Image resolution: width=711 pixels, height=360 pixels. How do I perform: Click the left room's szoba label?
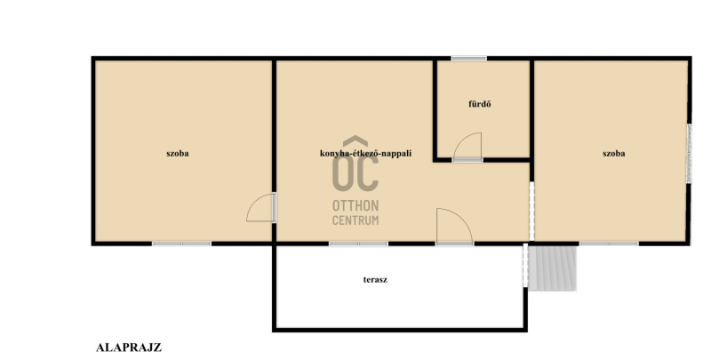point(177,154)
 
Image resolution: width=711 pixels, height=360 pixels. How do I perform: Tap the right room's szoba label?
point(613,154)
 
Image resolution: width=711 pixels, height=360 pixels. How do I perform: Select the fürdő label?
point(480,104)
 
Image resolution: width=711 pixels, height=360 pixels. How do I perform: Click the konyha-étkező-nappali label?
point(365,153)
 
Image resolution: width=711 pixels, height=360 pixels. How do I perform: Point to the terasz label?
point(375,280)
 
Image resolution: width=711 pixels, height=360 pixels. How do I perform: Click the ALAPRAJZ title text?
point(129,348)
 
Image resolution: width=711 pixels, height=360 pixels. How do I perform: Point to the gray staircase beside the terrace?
point(553,268)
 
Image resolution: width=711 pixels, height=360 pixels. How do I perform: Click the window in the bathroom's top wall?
point(468,58)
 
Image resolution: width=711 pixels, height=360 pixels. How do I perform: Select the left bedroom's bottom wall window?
point(181,244)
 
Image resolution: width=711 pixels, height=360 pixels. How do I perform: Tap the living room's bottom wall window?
point(358,244)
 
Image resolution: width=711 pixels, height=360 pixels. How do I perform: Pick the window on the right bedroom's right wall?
point(689,154)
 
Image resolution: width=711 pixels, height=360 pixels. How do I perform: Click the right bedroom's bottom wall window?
point(609,244)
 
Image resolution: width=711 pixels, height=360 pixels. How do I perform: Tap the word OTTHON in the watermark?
point(355,206)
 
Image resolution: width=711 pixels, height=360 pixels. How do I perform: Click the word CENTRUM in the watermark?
point(355,220)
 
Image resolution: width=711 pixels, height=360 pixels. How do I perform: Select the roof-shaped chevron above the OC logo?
point(355,141)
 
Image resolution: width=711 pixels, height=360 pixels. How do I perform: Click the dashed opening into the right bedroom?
point(531,212)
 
